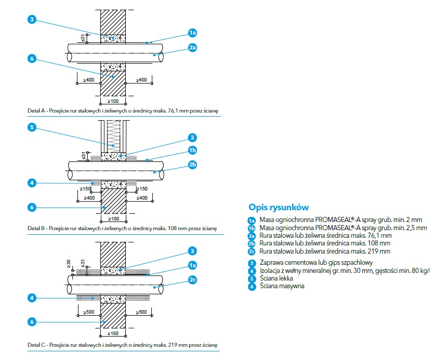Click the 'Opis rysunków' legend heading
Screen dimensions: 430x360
tap(279, 207)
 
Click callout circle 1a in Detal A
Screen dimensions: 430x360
tap(193, 33)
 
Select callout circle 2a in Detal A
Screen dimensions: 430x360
tap(193, 47)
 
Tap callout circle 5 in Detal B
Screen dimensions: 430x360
tap(32, 127)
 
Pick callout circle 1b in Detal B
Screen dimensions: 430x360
tap(193, 150)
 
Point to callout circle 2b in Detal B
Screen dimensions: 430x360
tap(193, 164)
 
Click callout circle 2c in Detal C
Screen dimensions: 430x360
tap(193, 280)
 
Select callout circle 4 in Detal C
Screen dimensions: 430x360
tap(32, 298)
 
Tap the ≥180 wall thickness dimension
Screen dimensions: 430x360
tap(113, 334)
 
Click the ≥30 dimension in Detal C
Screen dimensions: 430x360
tap(69, 264)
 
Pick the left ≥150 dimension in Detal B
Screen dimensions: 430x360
tap(85, 188)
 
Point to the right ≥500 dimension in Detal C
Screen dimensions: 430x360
tap(141, 312)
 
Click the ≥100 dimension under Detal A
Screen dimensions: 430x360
tap(113, 101)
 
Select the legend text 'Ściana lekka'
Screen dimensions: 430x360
tap(277, 279)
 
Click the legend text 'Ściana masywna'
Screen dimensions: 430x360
tap(282, 286)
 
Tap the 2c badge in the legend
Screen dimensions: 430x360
tap(252, 252)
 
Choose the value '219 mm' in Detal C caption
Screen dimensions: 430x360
tap(175, 345)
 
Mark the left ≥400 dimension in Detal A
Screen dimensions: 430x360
tap(89, 80)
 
